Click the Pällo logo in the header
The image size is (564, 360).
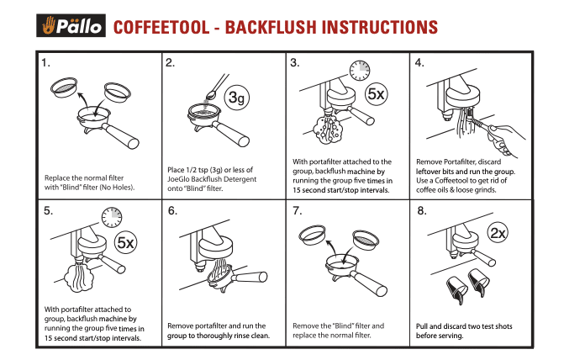(70, 26)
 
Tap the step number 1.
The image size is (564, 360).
(47, 63)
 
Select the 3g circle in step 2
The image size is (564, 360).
(239, 99)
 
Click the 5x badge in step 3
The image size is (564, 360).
(376, 95)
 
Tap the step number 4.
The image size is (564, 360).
(419, 63)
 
